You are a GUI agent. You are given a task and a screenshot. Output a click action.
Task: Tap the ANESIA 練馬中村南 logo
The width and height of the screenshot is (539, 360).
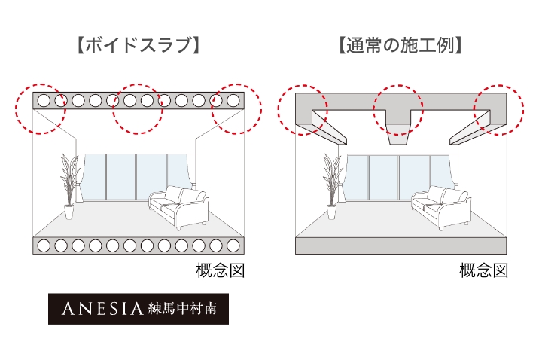tap(138, 308)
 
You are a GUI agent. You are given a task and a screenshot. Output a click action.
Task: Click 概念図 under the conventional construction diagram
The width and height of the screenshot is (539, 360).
tap(484, 270)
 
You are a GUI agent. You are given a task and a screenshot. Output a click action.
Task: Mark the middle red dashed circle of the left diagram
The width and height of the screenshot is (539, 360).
tap(138, 108)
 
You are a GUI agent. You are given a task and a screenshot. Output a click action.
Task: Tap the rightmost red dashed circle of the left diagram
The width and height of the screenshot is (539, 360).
tap(236, 108)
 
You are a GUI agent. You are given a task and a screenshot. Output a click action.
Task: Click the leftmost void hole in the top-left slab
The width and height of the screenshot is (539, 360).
tap(44, 99)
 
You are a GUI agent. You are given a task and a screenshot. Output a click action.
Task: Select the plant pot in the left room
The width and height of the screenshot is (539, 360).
tap(69, 212)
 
